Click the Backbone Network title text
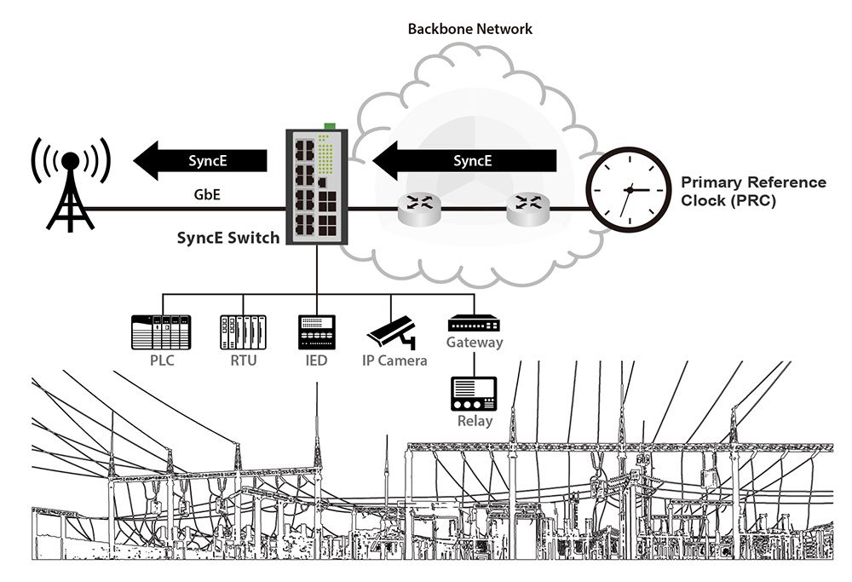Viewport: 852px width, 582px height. [x=469, y=29]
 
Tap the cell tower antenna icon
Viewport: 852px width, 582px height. [x=70, y=186]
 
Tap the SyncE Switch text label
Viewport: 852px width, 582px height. [x=227, y=239]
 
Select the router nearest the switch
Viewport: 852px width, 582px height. [x=417, y=207]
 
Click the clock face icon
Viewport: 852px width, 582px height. [x=630, y=188]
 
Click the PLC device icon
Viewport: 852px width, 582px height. [x=160, y=332]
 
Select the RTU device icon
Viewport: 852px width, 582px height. [x=243, y=332]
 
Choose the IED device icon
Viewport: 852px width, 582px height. [x=316, y=332]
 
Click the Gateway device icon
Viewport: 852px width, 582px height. [x=475, y=324]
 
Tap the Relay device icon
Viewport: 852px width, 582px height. [x=474, y=393]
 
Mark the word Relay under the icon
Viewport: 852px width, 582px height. [x=475, y=421]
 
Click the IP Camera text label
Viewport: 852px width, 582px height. [x=394, y=361]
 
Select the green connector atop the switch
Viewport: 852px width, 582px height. [x=329, y=125]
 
